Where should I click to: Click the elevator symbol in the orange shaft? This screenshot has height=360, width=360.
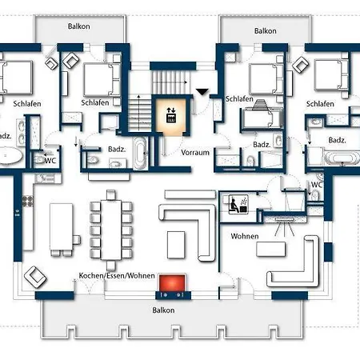pos(171,114)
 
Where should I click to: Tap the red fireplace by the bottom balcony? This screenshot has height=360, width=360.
pos(172,282)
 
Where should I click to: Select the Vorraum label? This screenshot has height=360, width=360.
pos(195,153)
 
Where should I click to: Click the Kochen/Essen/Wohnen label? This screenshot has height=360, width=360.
pos(117,275)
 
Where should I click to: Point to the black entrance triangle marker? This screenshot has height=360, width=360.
pos(202,91)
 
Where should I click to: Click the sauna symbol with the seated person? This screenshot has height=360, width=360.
pos(238,204)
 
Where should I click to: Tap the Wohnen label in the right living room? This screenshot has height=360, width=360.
pos(245,236)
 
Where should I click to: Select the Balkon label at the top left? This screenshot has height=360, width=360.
pos(78,26)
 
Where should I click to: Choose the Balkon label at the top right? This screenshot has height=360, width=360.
pos(265,30)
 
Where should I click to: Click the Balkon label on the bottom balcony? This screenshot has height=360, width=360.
pos(163,310)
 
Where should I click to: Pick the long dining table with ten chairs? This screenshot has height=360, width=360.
pos(111,230)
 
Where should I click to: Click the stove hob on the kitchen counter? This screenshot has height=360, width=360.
pos(28,201)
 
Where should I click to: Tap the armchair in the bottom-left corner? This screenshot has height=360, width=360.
pos(35,277)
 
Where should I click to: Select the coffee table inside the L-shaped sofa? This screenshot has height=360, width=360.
pos(176,245)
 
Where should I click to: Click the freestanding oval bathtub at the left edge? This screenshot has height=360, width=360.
pos(10,155)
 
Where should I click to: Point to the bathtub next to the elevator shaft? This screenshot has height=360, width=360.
pos(140,153)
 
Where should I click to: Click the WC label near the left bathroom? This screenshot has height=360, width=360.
pos(50,161)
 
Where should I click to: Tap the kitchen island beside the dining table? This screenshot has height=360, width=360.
pos(61,227)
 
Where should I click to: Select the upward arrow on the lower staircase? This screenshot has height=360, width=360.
pos(138,112)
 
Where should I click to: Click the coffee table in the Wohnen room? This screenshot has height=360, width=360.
pos(271,249)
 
